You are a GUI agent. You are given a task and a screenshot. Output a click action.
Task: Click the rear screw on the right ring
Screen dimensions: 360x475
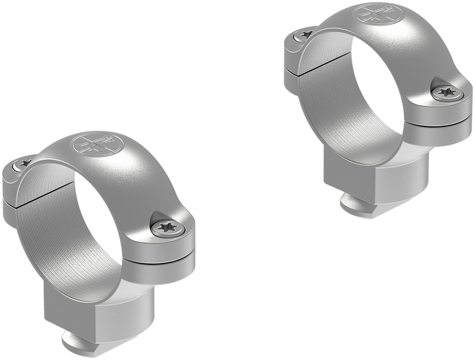(303, 34)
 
